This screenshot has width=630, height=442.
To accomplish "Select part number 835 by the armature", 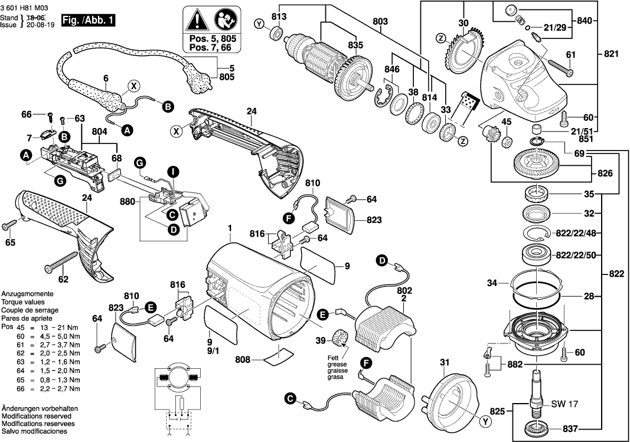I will point(355,44).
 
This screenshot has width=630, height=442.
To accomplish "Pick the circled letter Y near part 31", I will point(485,421).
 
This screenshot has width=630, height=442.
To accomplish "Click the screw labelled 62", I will point(59,263).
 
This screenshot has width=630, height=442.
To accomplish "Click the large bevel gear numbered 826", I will point(536,162).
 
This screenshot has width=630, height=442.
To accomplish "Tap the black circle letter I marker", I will point(172,172).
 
